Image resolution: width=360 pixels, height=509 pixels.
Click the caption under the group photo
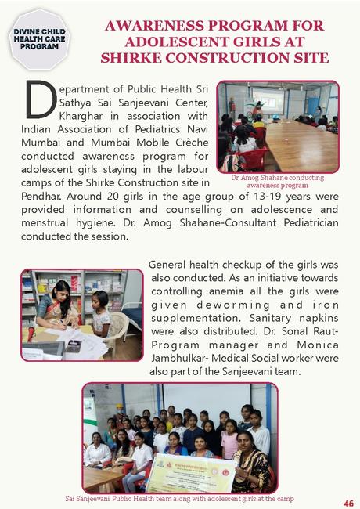click(x=180, y=499)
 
